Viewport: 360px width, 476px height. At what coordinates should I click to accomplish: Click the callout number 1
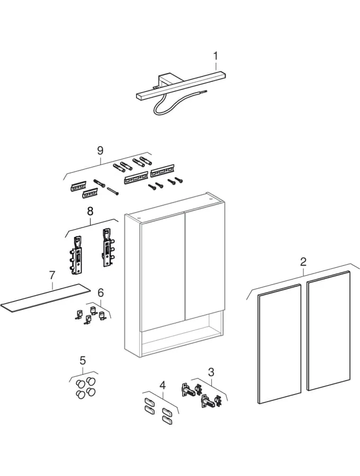215,54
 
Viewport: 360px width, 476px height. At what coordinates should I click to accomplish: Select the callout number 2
303,261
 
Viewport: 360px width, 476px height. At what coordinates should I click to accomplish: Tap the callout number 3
211,372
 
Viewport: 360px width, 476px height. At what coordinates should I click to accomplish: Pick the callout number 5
83,361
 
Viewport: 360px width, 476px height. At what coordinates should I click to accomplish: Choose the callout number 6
101,292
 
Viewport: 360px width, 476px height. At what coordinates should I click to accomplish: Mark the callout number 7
52,275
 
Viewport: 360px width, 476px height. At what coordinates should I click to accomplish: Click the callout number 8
90,210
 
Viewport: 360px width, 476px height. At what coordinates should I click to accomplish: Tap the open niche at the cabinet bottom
180,338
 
